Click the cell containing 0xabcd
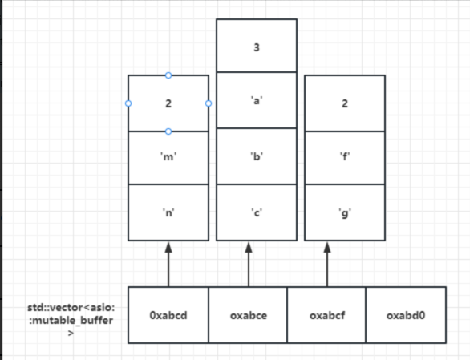[168, 315]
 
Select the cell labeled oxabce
[248, 315]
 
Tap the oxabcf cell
[326, 315]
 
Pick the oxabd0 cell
[406, 315]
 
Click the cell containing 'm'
[168, 158]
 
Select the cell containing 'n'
[168, 212]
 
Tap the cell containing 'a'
[256, 99]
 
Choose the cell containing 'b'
[256, 156]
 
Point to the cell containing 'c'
[256, 212]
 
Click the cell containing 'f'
[345, 158]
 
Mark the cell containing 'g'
[345, 212]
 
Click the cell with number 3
[256, 47]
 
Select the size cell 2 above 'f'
[345, 103]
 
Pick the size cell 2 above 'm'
[168, 103]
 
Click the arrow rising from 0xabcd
[168, 265]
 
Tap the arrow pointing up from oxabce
[248, 265]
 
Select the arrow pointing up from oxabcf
[326, 265]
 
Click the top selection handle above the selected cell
[168, 75]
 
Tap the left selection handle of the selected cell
[128, 103]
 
